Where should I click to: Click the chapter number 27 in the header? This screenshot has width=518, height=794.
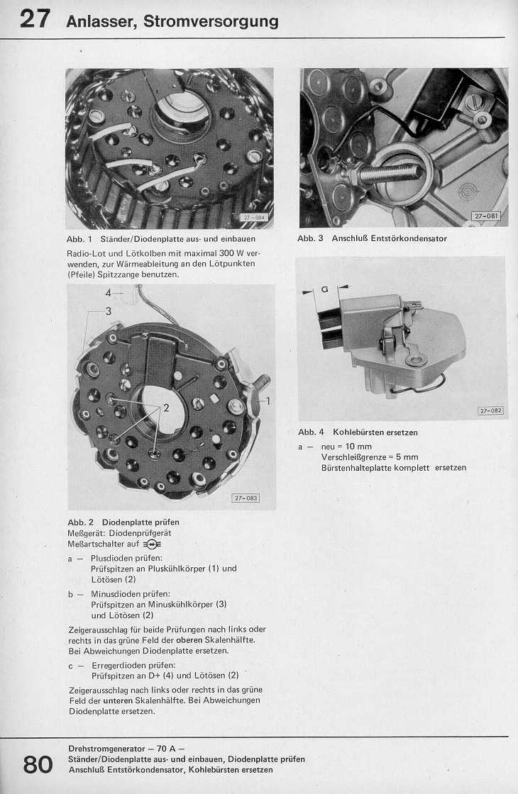pyautogui.click(x=35, y=18)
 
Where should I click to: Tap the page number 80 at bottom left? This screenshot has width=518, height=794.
pyautogui.click(x=38, y=765)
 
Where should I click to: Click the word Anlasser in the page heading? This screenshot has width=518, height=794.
pyautogui.click(x=101, y=21)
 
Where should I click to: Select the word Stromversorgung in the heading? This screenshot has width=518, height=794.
pyautogui.click(x=211, y=21)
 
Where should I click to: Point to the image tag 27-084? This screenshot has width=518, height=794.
pyautogui.click(x=253, y=218)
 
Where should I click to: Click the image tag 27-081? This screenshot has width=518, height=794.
pyautogui.click(x=487, y=216)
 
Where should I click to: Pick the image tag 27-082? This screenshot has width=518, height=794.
pyautogui.click(x=490, y=410)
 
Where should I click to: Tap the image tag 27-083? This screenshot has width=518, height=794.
pyautogui.click(x=246, y=498)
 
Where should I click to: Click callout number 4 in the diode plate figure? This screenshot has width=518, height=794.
pyautogui.click(x=109, y=292)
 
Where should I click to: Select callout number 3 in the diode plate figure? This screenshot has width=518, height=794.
pyautogui.click(x=109, y=311)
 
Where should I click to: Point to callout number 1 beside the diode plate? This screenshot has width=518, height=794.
pyautogui.click(x=268, y=401)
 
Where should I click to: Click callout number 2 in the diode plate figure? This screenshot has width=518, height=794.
pyautogui.click(x=166, y=408)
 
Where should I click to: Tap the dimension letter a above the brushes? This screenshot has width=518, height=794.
pyautogui.click(x=325, y=289)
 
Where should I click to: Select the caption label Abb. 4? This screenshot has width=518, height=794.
pyautogui.click(x=307, y=432)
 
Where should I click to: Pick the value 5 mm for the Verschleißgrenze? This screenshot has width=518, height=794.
pyautogui.click(x=404, y=457)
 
